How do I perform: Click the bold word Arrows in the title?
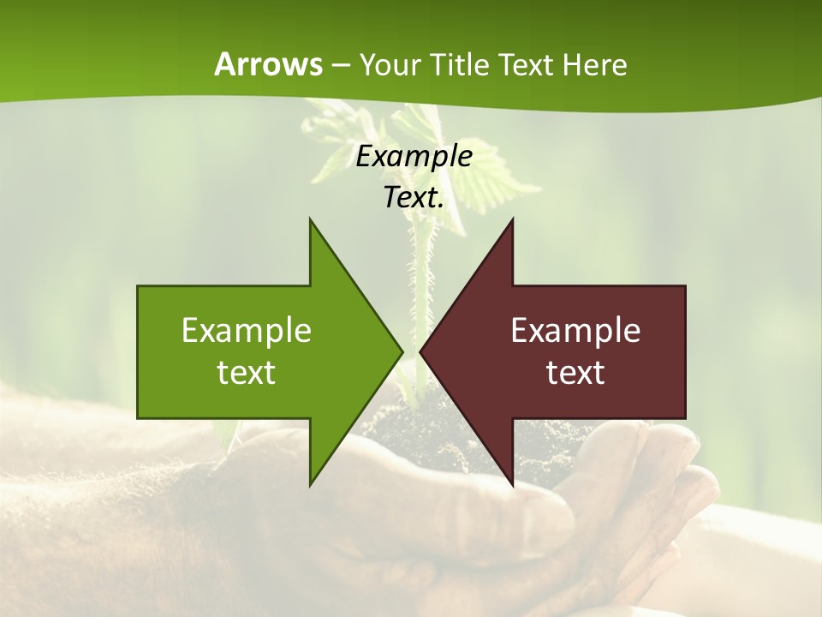pos(267,64)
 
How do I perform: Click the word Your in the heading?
pos(390,64)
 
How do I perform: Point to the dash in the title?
pos(340,65)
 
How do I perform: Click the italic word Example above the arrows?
pos(414,156)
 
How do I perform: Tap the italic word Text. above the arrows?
pos(414,198)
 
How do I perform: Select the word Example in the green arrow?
pos(247,330)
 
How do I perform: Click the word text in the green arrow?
pos(247,372)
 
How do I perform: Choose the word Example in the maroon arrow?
pos(575,330)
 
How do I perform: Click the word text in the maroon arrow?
pos(575,372)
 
